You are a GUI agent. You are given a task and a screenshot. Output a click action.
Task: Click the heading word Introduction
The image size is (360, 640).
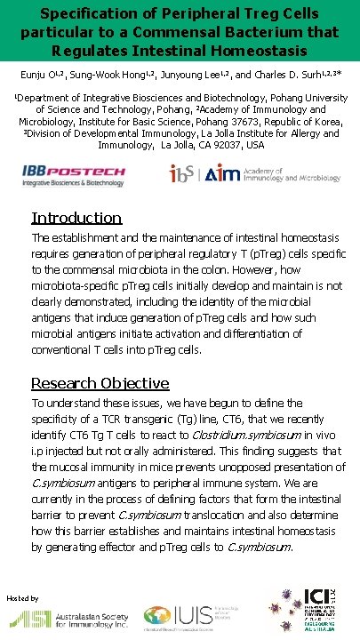click(76, 218)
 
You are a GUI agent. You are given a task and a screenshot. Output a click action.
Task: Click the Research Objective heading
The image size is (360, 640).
click(100, 383)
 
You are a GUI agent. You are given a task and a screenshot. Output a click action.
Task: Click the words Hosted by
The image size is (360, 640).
click(22, 598)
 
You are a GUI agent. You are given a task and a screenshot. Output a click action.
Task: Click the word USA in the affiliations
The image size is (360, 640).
click(253, 145)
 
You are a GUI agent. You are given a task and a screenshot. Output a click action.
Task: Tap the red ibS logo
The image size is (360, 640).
click(185, 174)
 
